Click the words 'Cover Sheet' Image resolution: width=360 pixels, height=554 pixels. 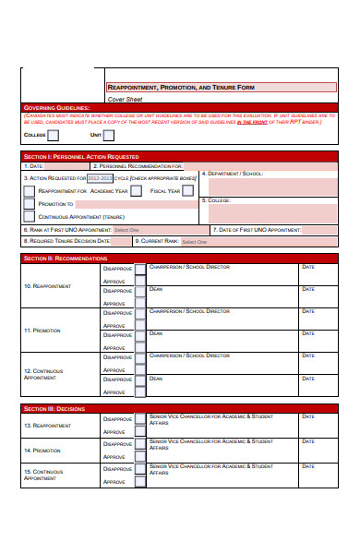[x=126, y=98]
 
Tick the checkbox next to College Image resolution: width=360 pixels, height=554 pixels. [x=54, y=135]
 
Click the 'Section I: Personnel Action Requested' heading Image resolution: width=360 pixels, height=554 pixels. [x=81, y=156]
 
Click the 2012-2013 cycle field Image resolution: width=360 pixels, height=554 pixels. [x=100, y=176]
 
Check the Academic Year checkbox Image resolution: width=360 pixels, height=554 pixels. [x=136, y=190]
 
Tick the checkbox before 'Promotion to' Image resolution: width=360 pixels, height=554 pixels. [x=29, y=204]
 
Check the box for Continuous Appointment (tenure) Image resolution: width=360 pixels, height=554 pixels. [x=29, y=217]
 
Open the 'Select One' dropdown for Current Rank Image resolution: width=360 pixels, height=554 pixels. [x=195, y=241]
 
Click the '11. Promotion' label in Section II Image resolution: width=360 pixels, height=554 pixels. [x=42, y=330]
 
